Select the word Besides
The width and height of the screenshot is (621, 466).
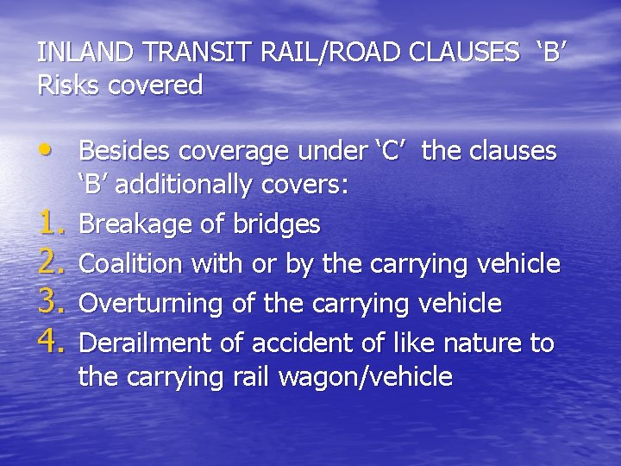124,151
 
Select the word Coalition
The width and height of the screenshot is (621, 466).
125,264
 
